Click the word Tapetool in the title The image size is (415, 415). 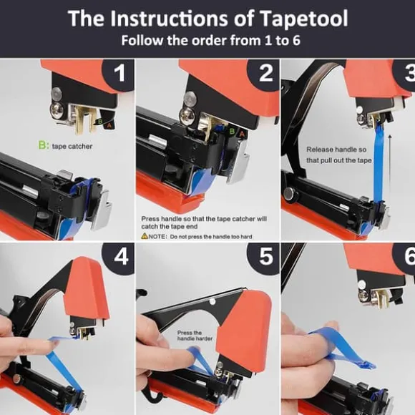pos(303,19)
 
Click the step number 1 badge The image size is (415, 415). pos(119,74)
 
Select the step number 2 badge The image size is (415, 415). pos(265,74)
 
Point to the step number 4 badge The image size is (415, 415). pos(121,257)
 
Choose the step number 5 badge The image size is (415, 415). pos(265,257)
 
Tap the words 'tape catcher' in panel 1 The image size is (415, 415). pos(72,147)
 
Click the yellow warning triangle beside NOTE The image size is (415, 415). pos(145,235)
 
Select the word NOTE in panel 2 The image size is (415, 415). pos(157,236)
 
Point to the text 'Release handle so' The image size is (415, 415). pos(336,150)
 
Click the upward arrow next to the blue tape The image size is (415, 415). pos(390,170)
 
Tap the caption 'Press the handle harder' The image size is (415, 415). pos(195,336)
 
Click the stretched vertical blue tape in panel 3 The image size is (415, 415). pos(379,164)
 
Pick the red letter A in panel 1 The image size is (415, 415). pos(109,126)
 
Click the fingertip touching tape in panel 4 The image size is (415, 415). pos(54,343)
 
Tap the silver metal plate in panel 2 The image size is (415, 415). pos(239,162)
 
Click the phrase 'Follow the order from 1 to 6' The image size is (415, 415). pos(210,41)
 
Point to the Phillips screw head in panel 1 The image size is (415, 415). pos(57,109)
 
